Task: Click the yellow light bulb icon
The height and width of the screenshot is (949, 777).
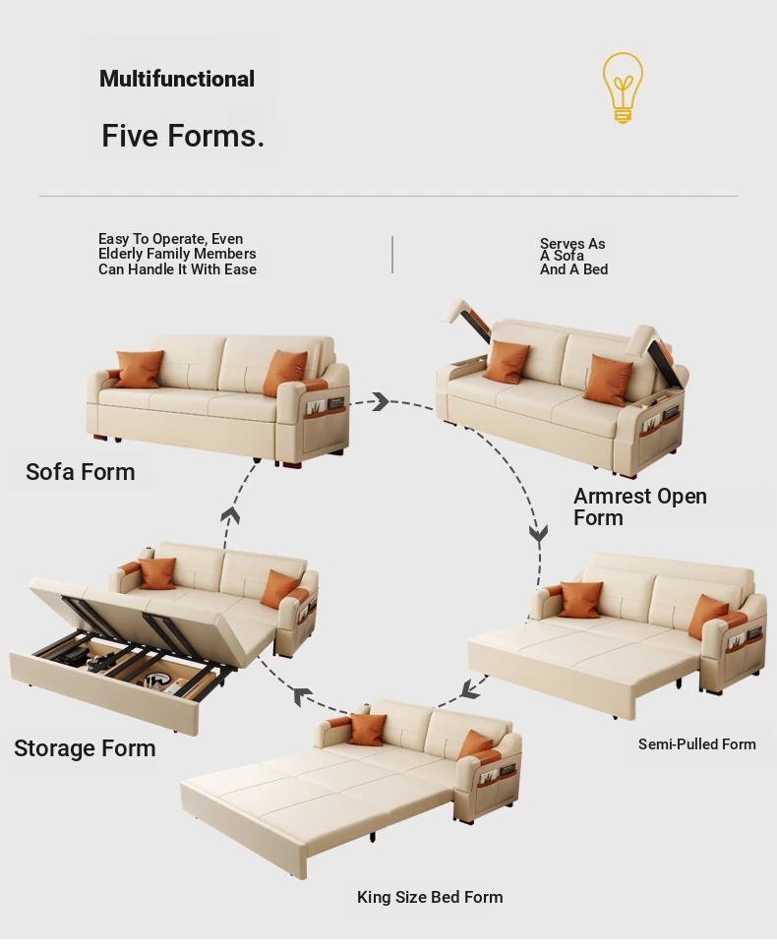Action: pyautogui.click(x=623, y=88)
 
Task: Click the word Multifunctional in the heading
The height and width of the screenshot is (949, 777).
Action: pyautogui.click(x=177, y=79)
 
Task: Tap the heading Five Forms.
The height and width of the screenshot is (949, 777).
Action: pyautogui.click(x=183, y=136)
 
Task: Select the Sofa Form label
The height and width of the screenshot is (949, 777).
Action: pyautogui.click(x=81, y=472)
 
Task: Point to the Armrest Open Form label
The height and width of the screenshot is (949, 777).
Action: pyautogui.click(x=640, y=507)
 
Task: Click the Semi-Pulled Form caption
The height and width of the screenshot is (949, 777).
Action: pyautogui.click(x=697, y=743)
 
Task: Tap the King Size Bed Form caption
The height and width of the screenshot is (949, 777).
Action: pyautogui.click(x=430, y=897)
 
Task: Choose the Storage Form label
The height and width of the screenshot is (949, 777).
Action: pyautogui.click(x=85, y=748)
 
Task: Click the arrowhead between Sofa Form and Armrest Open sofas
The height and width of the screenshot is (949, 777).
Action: pyautogui.click(x=381, y=401)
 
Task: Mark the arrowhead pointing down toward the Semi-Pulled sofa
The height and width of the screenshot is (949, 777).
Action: pyautogui.click(x=539, y=533)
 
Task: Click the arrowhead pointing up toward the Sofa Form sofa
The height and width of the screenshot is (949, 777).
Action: pyautogui.click(x=230, y=515)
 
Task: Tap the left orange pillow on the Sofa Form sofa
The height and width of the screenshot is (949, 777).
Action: pyautogui.click(x=139, y=369)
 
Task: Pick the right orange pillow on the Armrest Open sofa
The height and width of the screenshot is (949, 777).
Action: pyautogui.click(x=610, y=380)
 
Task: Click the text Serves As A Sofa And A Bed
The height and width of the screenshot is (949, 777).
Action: pyautogui.click(x=573, y=257)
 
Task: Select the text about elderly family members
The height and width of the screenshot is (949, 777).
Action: pyautogui.click(x=177, y=254)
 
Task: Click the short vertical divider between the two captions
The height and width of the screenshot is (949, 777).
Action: pyautogui.click(x=392, y=255)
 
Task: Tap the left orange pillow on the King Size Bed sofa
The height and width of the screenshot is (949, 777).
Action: pyautogui.click(x=366, y=730)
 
